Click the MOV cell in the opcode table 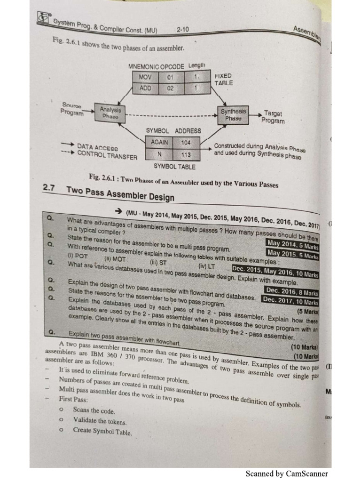click(x=146, y=77)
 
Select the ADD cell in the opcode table click(x=146, y=88)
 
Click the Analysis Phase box click(x=110, y=113)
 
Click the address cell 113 click(x=186, y=154)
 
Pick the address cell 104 click(x=186, y=142)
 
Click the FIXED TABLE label click(x=224, y=79)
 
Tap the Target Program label click(x=274, y=117)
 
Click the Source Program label click(x=72, y=109)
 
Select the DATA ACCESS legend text click(x=98, y=147)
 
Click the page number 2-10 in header click(x=183, y=30)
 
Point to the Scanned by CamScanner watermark click(x=287, y=474)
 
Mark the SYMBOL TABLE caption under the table click(x=174, y=166)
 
